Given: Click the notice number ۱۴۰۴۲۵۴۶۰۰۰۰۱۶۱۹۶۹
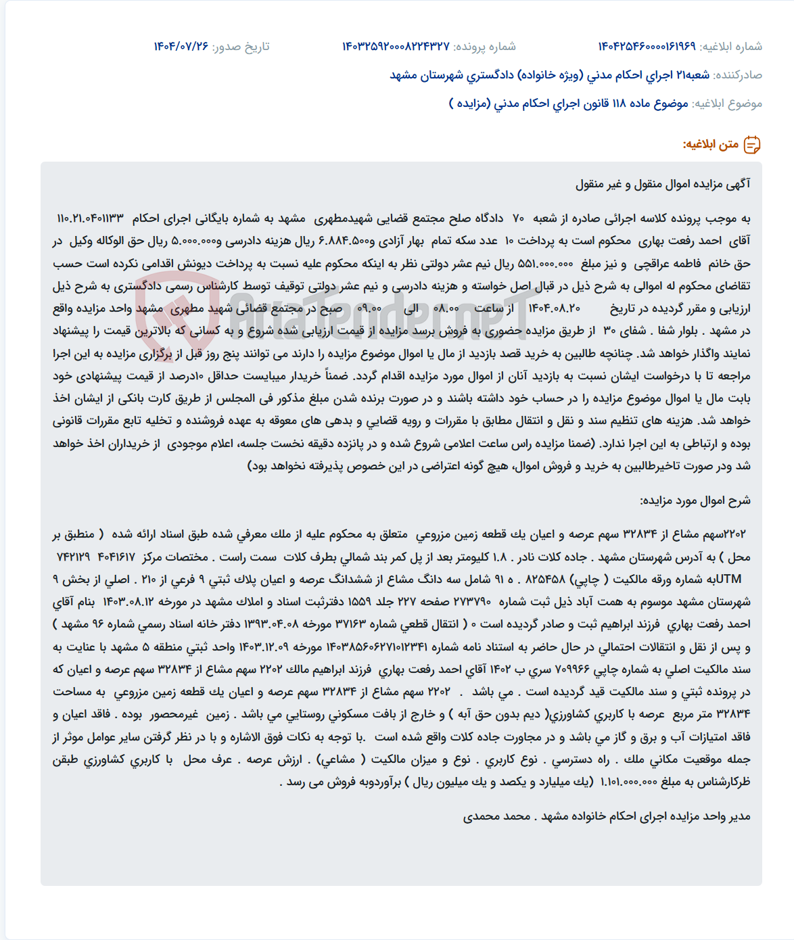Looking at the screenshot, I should tap(647, 46).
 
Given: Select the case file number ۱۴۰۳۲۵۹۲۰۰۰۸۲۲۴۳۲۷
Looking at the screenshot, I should tap(396, 46).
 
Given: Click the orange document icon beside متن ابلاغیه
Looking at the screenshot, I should tap(752, 145).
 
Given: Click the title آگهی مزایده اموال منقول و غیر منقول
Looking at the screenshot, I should tap(663, 184).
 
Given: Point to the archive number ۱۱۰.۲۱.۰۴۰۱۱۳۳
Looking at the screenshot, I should tap(91, 218).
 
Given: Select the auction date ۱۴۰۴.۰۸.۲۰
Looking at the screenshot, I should tap(554, 308).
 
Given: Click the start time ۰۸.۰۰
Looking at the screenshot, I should tap(446, 308).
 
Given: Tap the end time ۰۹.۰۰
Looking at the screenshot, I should tap(369, 308).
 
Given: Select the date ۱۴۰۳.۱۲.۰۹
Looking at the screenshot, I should tap(261, 647).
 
